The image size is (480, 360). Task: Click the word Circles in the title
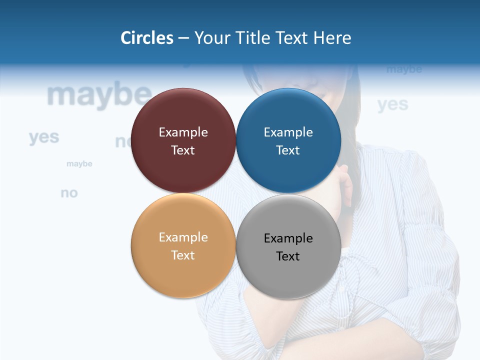(147, 38)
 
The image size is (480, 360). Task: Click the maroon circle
(183, 115)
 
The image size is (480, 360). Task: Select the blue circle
(288, 115)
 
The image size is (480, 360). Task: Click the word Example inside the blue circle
(288, 132)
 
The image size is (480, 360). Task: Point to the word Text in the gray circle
(287, 256)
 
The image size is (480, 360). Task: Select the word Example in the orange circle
(183, 237)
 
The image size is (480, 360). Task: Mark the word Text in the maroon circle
(183, 150)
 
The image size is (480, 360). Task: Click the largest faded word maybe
(99, 95)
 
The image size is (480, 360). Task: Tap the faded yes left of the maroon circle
(44, 136)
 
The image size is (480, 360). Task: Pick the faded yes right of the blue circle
(392, 104)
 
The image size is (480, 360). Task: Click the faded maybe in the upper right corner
(404, 69)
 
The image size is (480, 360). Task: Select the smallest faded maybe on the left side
(79, 164)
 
